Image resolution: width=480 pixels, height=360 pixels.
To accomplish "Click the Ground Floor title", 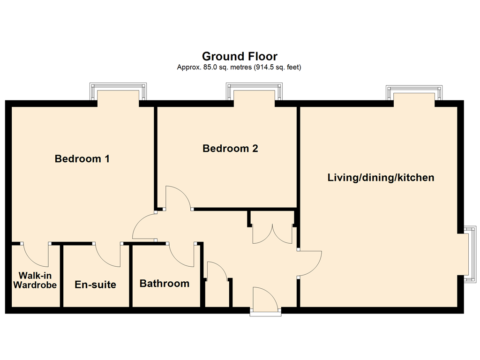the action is pos(240,56).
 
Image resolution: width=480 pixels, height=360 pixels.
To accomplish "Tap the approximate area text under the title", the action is pos(239,67).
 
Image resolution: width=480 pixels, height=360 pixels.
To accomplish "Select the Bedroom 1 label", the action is pos(82,158).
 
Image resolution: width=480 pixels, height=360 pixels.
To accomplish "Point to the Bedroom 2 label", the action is pos(230,149).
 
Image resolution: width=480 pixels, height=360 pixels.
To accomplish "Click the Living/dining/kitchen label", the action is pos(381,178).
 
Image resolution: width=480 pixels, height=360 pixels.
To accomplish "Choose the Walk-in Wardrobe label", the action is pos(35,280).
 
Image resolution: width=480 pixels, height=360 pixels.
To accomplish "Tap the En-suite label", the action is pos(95,285).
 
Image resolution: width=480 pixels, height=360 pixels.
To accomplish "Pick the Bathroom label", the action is pos(165,283).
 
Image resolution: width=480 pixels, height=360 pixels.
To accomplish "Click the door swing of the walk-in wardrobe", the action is pos(36,255).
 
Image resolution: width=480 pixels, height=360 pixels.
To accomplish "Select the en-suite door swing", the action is pos(108,255).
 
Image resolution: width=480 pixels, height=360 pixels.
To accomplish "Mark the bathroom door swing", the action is pos(181,255).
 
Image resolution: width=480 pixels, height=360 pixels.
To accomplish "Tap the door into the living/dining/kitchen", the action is pos(309,263).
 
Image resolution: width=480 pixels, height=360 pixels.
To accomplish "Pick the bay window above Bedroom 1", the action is pos(118,91).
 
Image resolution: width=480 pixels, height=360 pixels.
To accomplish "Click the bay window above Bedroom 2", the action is pos(254,91).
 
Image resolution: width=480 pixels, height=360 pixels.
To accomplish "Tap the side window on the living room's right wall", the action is pos(470,254).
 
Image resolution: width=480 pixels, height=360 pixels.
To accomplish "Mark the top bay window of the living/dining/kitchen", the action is pos(414,93).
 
